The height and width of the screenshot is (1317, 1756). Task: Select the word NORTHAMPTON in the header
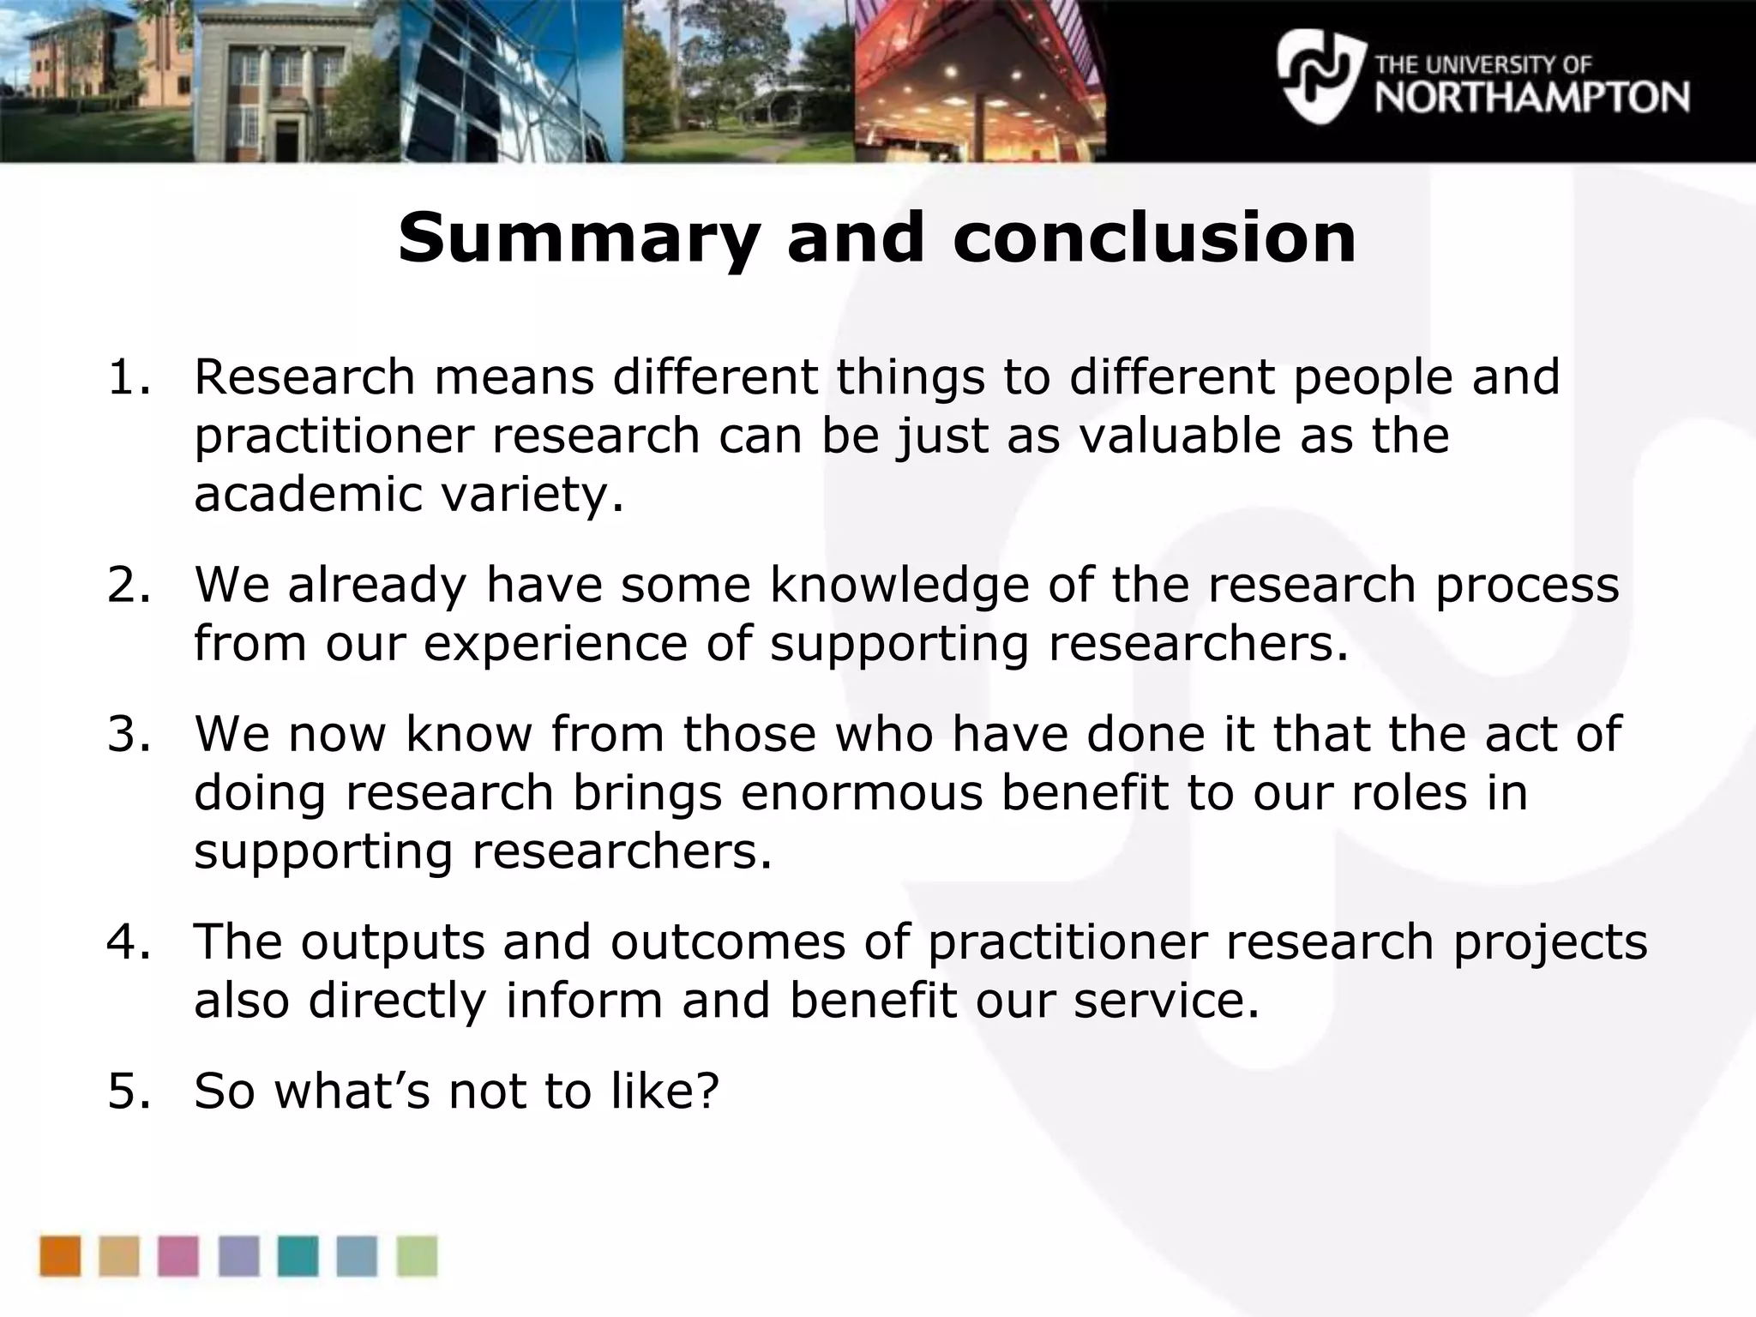click(x=1532, y=98)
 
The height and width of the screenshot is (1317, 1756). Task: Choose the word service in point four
click(x=1167, y=1001)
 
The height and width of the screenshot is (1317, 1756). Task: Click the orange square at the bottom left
click(x=60, y=1256)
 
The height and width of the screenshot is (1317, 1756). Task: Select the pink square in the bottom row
click(x=178, y=1256)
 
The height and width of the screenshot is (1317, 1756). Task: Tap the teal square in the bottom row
click(x=298, y=1256)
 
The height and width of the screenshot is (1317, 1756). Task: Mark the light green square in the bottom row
click(x=417, y=1256)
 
